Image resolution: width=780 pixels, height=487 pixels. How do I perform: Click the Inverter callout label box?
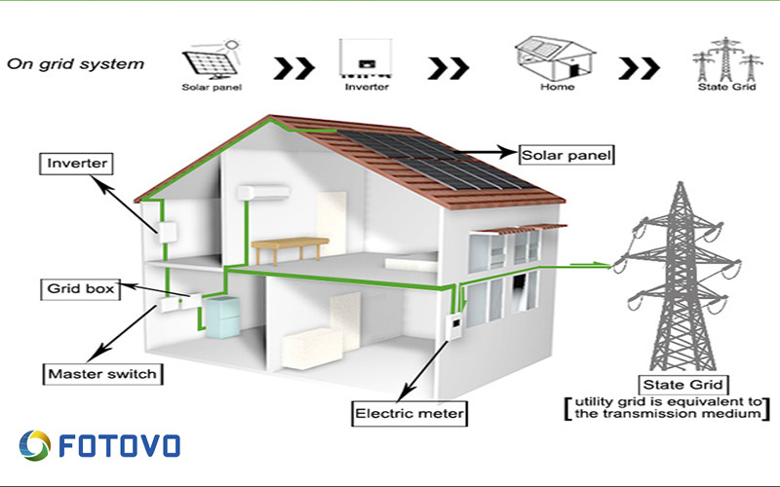coord(76,164)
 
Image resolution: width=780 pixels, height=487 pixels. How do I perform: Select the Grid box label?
coord(80,289)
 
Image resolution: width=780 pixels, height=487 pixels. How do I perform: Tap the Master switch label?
coord(102,374)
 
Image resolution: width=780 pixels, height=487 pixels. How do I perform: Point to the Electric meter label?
coord(409,413)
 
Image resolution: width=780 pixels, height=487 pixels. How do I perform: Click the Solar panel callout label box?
coord(566,155)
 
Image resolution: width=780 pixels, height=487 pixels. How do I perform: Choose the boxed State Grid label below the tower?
coord(682,385)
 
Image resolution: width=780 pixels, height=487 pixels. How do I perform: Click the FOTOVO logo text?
coord(119,445)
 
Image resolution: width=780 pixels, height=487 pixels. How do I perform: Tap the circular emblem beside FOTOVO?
coord(35,445)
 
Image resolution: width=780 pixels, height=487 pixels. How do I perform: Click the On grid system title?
coord(76,64)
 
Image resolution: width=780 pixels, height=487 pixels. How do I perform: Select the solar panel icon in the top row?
coord(212,59)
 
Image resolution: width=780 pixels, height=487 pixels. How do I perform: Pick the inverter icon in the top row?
coord(367,57)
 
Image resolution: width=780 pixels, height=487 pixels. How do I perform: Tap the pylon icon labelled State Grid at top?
coord(726,59)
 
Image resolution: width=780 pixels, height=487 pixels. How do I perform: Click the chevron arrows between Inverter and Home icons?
coord(448,68)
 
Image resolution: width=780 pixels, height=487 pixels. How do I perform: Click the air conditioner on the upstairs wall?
coord(263,193)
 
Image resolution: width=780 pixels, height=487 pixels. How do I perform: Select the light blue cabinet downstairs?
coord(222,318)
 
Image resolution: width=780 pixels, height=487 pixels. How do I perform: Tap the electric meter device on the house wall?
coord(453,326)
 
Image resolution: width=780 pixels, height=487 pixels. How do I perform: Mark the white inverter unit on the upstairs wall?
coord(168,233)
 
